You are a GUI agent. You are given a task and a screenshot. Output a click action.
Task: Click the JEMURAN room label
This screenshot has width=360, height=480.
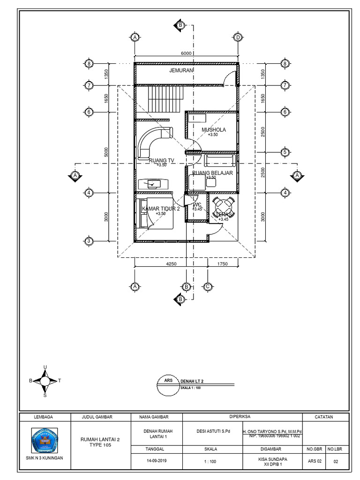181,70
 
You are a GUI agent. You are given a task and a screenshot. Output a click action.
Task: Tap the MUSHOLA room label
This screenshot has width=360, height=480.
214,130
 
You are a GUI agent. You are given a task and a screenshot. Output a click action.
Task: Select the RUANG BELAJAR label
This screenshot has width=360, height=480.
212,172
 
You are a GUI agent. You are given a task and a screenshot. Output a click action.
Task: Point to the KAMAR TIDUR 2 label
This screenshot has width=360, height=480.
161,209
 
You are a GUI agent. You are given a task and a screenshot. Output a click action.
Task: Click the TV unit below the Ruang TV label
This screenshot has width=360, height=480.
153,184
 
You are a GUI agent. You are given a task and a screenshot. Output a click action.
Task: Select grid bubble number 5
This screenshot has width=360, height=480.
285,152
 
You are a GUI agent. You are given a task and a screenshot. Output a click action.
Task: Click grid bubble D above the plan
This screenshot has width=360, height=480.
238,37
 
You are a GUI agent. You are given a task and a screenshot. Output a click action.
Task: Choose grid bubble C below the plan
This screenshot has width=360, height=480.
207,286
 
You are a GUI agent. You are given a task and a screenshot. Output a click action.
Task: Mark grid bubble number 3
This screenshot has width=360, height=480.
89,241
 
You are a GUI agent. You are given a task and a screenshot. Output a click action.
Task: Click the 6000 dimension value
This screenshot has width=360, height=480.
186,53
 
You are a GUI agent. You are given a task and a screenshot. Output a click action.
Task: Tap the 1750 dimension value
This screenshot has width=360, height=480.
222,264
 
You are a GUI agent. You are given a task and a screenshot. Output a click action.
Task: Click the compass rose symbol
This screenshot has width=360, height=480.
45,381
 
